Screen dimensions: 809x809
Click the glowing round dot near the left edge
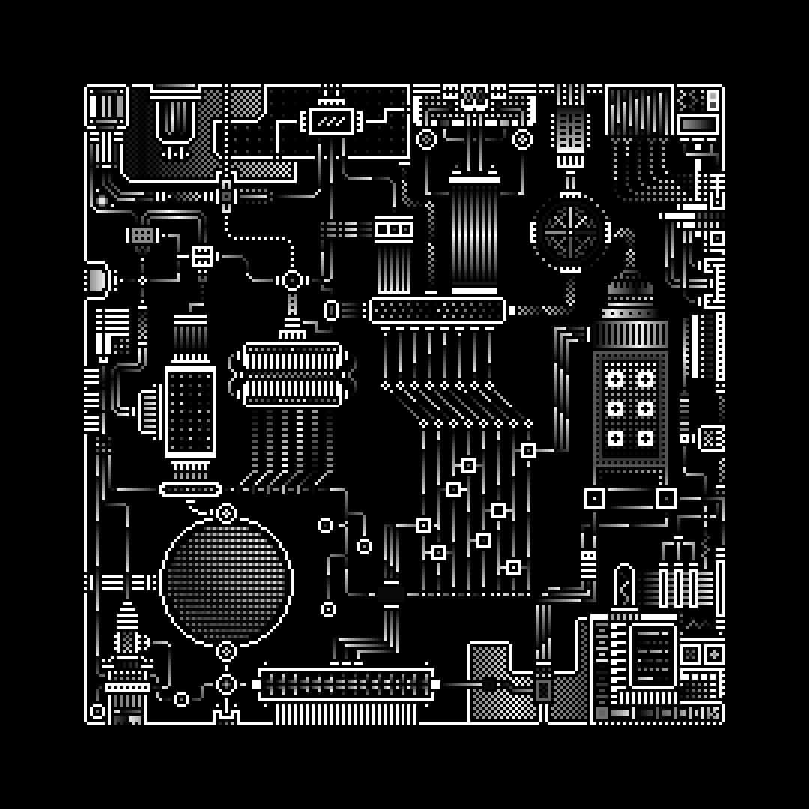click(x=102, y=201)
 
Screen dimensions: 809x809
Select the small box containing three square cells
click(x=393, y=228)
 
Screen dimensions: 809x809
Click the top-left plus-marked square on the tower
click(x=616, y=378)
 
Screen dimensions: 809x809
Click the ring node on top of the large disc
click(x=226, y=513)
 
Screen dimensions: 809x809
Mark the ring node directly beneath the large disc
click(x=226, y=651)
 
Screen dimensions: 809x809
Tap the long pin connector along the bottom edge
click(x=345, y=685)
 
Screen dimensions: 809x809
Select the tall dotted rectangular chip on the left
click(x=190, y=411)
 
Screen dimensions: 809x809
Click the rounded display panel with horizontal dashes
click(x=653, y=655)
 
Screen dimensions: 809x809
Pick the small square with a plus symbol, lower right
click(x=714, y=654)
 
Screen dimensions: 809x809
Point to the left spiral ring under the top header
click(x=426, y=139)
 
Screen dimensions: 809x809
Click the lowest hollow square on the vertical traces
click(x=514, y=567)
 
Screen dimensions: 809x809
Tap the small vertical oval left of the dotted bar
click(x=330, y=309)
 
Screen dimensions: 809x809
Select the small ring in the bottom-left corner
click(x=97, y=711)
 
